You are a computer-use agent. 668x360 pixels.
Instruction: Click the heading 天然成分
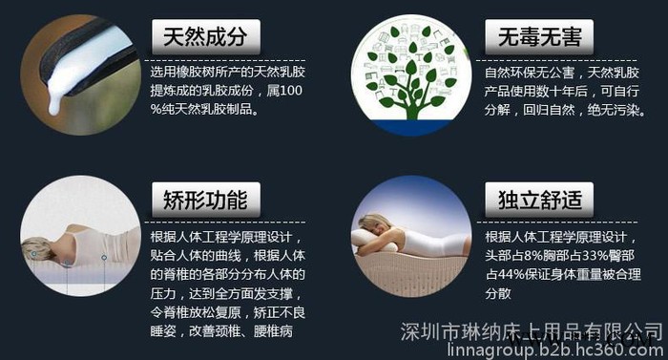click(x=199, y=38)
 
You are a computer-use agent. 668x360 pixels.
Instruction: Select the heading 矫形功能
click(x=199, y=200)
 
